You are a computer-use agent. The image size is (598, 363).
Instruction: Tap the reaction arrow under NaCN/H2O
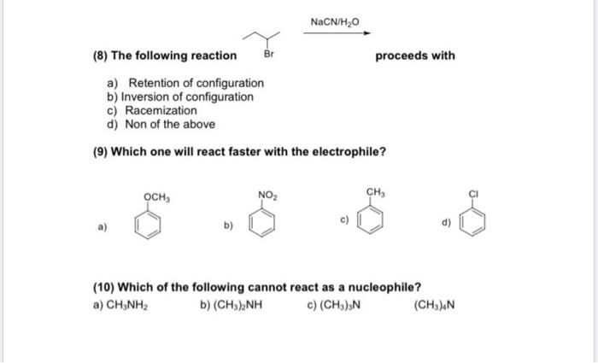(x=338, y=33)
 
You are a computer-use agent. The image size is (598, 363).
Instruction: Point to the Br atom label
(x=267, y=56)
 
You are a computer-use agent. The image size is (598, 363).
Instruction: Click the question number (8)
(x=99, y=56)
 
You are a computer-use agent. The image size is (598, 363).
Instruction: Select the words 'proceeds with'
(x=415, y=56)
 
